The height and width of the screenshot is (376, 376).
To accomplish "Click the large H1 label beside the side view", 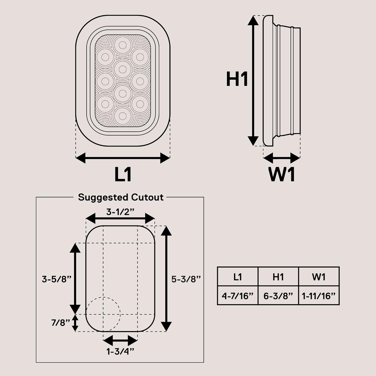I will [237, 79].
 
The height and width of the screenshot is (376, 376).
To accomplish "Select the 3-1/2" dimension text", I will [120, 212].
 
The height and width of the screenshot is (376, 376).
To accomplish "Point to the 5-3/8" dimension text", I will [186, 279].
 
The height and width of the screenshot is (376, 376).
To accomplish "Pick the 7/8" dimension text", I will [60, 323].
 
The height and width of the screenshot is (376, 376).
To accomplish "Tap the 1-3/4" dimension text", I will [120, 352].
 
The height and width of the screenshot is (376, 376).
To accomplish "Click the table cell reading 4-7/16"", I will [238, 296].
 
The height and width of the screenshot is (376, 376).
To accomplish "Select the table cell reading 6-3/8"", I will [278, 296].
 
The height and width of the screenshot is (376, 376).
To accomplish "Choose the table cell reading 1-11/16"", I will [319, 296].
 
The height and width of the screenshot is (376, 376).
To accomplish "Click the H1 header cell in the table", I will [278, 277].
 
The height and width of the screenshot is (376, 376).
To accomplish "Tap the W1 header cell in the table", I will [319, 277].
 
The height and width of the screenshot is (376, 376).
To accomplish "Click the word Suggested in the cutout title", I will [103, 198].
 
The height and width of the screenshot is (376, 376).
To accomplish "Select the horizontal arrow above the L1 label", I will [123, 158].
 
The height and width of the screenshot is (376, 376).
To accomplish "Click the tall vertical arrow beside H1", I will [253, 80].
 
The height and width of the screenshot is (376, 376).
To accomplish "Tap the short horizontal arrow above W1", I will [281, 158].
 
